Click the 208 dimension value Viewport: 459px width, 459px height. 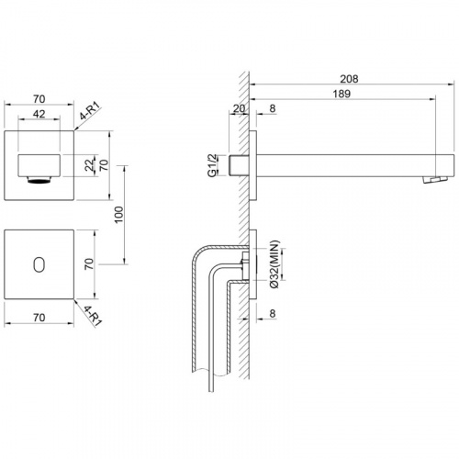[x=349, y=79]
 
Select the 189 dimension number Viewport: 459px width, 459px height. [x=341, y=94]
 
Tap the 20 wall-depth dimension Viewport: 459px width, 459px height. [x=239, y=108]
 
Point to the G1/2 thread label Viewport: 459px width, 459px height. [x=212, y=165]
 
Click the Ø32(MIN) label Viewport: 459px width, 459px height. [x=274, y=264]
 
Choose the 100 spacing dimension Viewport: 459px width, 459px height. [x=118, y=215]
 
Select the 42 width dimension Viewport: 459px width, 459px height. [x=39, y=114]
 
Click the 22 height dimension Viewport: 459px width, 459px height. [x=90, y=165]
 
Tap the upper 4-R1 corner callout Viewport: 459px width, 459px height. [x=90, y=111]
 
